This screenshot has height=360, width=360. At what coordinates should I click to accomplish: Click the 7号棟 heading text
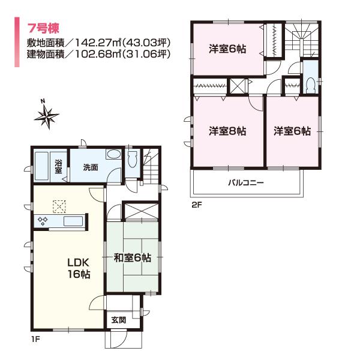point(44,28)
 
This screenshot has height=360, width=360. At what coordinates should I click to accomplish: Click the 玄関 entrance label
point(118,320)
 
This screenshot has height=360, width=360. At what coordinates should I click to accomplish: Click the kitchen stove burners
point(43,220)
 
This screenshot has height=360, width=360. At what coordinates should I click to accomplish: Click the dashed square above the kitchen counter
point(59,206)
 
